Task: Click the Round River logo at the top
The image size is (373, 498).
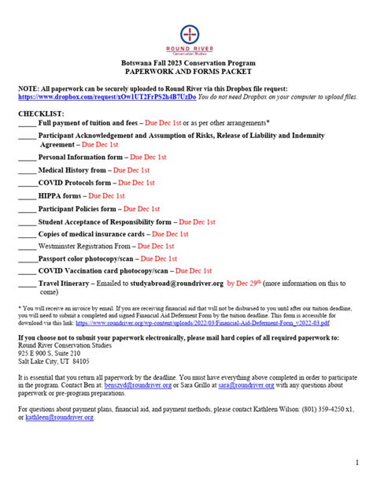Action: (x=190, y=38)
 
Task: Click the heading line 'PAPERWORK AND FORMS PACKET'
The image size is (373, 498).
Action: (x=190, y=70)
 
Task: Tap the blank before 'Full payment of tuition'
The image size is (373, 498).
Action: (x=26, y=124)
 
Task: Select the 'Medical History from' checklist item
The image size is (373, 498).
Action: (x=72, y=169)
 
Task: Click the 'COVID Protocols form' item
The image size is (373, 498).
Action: (x=74, y=182)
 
